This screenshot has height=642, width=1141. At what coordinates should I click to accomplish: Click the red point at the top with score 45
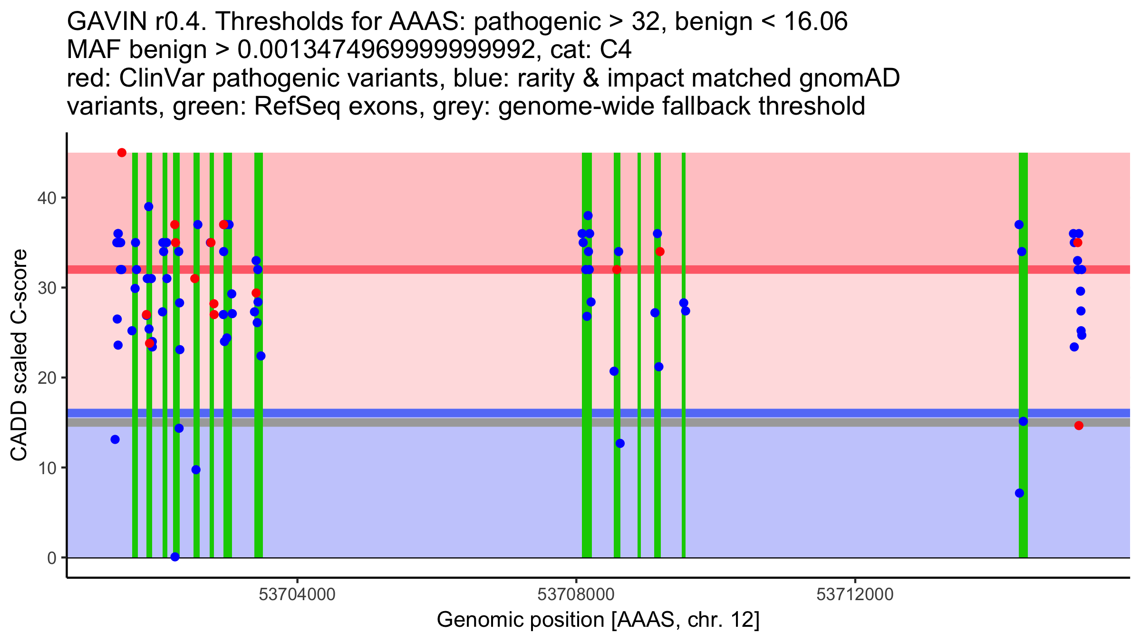tap(122, 153)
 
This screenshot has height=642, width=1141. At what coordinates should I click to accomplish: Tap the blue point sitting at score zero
tap(175, 557)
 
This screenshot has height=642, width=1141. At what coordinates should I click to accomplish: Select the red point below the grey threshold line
tap(1079, 426)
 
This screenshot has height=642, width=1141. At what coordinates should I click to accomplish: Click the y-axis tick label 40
tap(47, 198)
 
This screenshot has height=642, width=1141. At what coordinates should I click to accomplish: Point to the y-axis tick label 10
tap(47, 468)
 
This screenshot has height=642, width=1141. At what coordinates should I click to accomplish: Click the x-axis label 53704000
tap(297, 595)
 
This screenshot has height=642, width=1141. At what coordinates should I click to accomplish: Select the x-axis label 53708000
tap(576, 595)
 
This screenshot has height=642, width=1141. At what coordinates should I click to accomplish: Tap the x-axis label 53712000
tap(855, 595)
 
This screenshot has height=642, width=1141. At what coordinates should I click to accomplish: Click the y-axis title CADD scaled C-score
tap(19, 356)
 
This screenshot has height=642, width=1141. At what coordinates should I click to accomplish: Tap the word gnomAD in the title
tap(849, 78)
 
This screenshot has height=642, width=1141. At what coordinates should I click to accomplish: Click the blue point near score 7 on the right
tap(1019, 493)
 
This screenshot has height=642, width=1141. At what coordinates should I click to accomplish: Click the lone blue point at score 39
tap(149, 206)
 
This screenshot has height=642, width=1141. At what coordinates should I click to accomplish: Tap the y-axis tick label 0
tap(51, 558)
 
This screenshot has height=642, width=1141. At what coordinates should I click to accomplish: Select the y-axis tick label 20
tap(47, 378)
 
